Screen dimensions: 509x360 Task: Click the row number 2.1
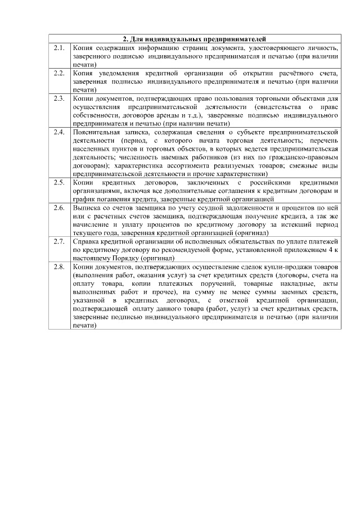[59, 49]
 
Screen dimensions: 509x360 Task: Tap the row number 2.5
[59, 183]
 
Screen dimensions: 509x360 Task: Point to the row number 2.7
[59, 242]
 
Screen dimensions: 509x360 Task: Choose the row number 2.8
[59, 267]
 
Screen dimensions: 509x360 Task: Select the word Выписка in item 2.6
[85, 208]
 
